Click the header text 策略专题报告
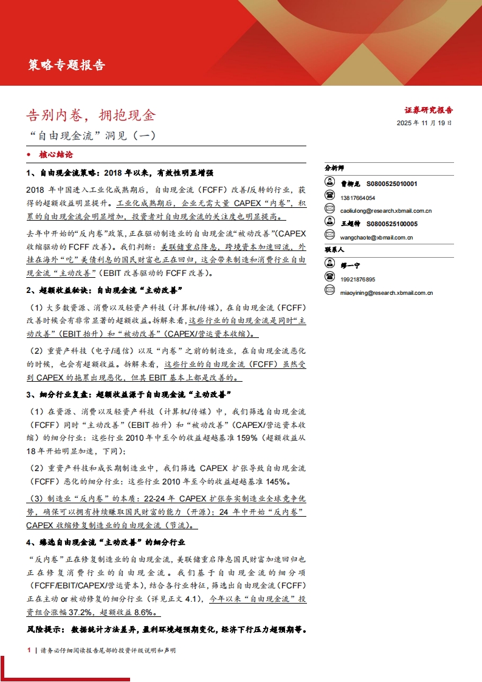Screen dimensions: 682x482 pos(67,65)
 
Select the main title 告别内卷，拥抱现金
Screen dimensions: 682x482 pos(91,114)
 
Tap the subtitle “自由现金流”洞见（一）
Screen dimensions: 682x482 pos(92,136)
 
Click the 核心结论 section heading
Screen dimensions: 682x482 pos(57,155)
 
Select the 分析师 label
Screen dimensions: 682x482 pos(334,167)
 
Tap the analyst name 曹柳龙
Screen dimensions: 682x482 pos(350,183)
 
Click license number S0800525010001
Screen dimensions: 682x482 pos(391,183)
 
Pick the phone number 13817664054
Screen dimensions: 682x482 pos(358,198)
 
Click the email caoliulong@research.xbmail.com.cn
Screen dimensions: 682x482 pos(386,210)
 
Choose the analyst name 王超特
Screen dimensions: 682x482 pos(350,224)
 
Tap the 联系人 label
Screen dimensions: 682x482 pos(334,249)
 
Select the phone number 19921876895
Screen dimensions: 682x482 pos(358,279)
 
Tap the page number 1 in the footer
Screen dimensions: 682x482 pos(29,650)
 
